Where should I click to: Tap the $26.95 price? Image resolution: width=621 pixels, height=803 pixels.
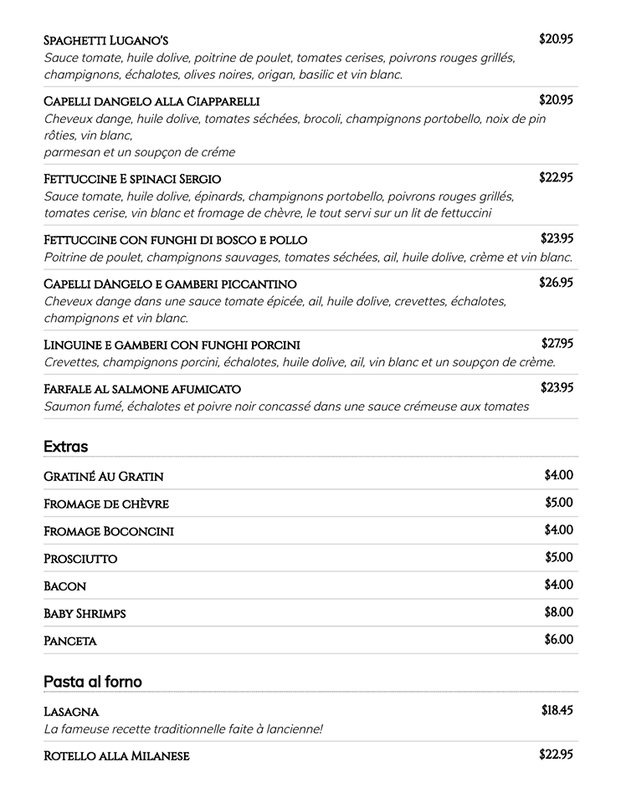point(556,283)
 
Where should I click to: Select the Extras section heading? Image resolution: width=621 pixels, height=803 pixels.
point(65,447)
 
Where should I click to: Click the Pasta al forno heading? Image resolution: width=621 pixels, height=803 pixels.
point(93,682)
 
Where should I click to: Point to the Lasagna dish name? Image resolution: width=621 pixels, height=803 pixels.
point(71,712)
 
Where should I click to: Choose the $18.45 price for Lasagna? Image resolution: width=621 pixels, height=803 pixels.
point(557,711)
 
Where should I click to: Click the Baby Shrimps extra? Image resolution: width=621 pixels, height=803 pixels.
point(85,614)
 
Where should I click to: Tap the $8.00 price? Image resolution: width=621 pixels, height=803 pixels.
point(558,612)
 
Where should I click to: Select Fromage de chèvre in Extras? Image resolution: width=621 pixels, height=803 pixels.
point(106,504)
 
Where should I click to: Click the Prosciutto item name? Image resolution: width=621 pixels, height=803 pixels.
point(80,559)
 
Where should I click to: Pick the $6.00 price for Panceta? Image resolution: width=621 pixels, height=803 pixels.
point(558,640)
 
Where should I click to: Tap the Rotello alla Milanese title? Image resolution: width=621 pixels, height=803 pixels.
point(116,756)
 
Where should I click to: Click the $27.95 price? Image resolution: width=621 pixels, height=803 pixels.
point(557,343)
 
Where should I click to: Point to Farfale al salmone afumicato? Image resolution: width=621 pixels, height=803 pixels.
point(142,389)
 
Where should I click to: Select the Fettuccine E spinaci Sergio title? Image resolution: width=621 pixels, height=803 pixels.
point(132,179)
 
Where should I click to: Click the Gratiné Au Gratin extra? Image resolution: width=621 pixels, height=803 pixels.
point(103,477)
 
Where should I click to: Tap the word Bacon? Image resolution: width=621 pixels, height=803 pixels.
point(64,586)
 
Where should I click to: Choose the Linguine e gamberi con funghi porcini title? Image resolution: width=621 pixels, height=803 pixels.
point(172,345)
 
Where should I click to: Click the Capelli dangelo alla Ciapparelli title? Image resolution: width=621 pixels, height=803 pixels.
point(151,101)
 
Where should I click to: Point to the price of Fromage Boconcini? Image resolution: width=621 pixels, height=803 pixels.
point(558,529)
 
